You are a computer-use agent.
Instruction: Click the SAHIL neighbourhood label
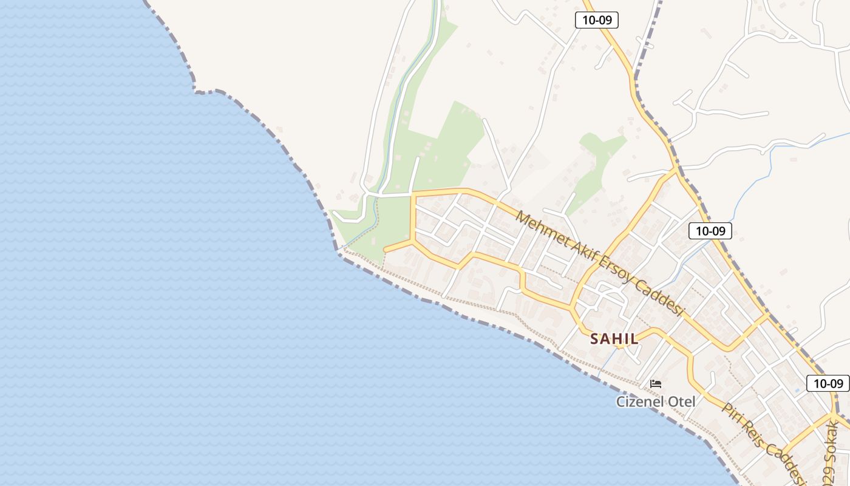614,339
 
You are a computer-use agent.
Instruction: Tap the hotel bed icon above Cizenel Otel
656,383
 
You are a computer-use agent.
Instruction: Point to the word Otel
682,402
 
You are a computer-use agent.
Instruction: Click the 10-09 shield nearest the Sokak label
828,383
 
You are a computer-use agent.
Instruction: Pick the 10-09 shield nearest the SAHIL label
710,231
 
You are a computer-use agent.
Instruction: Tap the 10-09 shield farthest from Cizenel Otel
597,20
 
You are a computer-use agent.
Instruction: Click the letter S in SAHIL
594,339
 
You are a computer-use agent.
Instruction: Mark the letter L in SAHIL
634,339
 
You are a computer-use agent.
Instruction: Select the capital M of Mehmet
521,217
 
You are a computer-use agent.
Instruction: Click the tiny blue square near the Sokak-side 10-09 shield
797,390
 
